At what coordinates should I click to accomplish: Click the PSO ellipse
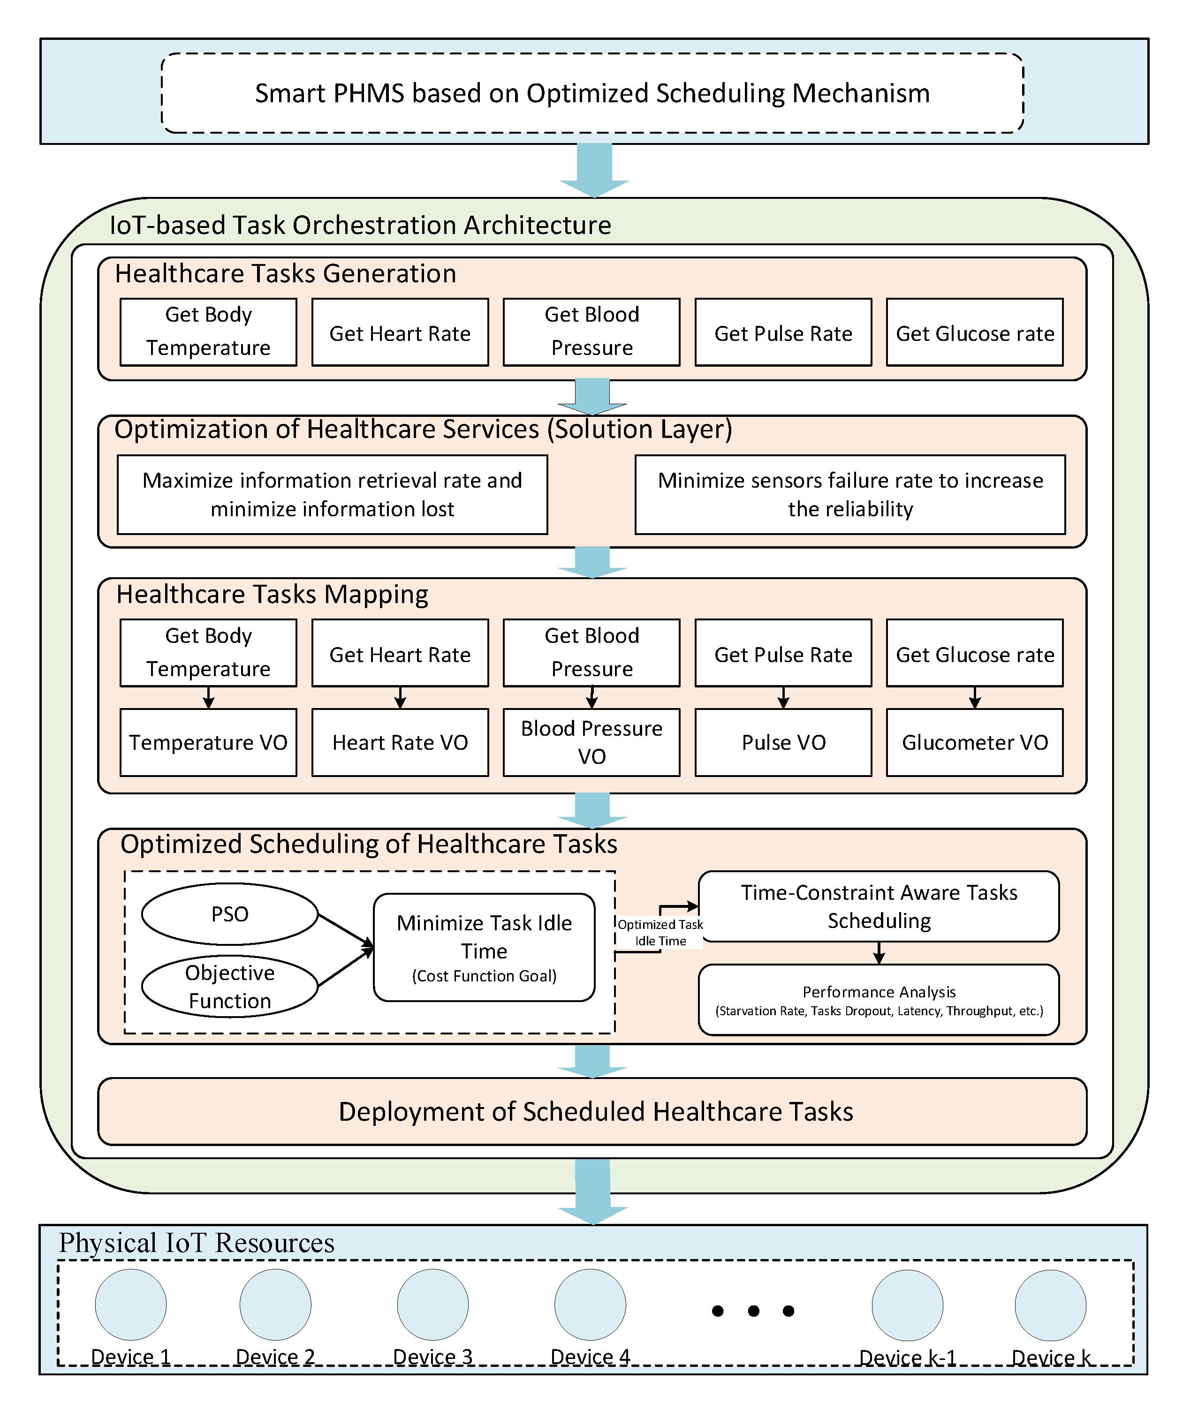(229, 914)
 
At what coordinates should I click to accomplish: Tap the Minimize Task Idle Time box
(484, 947)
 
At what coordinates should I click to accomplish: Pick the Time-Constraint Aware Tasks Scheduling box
(879, 906)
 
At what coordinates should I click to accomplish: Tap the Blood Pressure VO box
(591, 742)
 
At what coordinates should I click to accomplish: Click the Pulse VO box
(783, 742)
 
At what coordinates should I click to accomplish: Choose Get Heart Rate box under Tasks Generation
(400, 332)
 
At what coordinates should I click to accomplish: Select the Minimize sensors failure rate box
(850, 494)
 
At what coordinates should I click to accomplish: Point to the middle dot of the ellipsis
(753, 1311)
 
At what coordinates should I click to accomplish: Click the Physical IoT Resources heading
(197, 1243)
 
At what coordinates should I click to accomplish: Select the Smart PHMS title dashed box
(592, 93)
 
